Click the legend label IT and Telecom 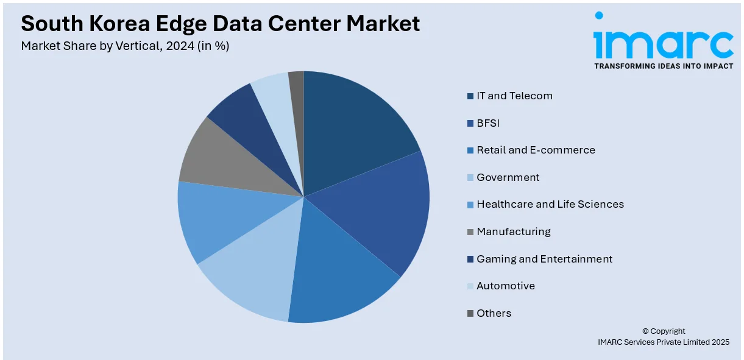(514, 96)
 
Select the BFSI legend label (487, 123)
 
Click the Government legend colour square (470, 178)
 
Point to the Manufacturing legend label (513, 231)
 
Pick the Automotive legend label (505, 286)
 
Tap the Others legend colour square (470, 314)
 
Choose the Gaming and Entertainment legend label (544, 259)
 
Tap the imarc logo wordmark (663, 44)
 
